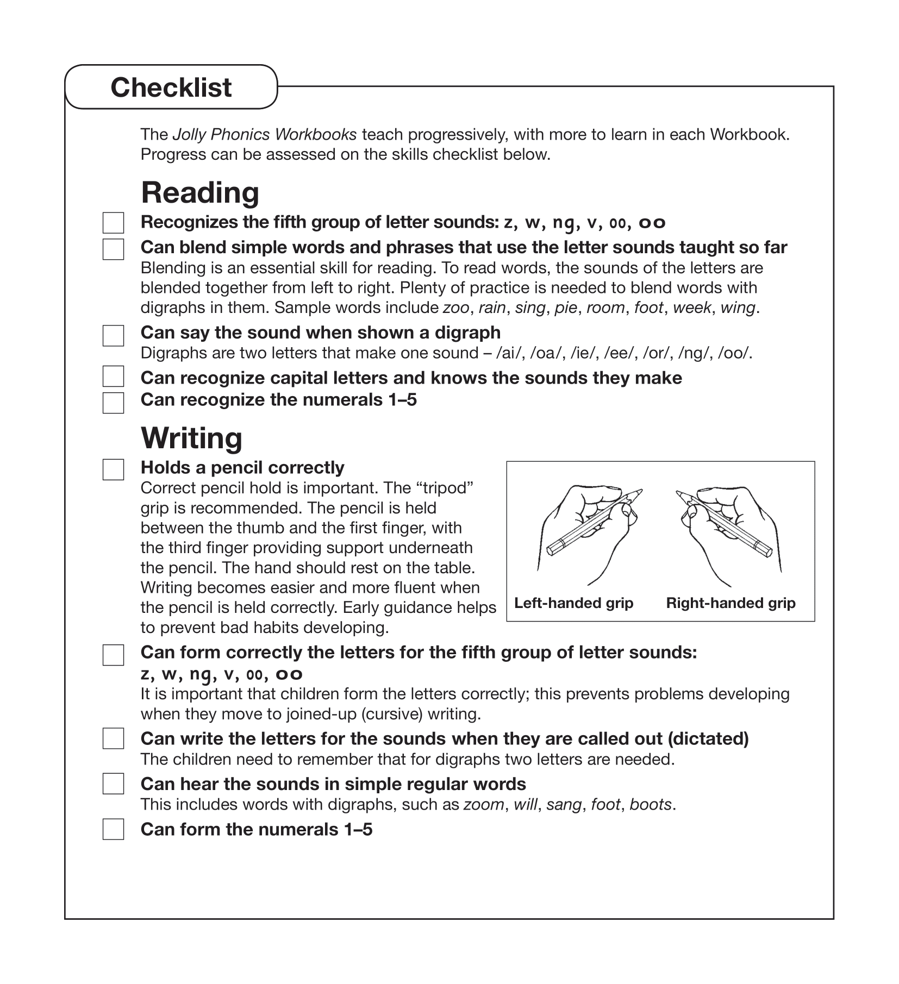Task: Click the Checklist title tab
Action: point(171,87)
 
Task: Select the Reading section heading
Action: point(199,193)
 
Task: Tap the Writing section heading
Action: point(191,438)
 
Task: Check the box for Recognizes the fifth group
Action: point(113,223)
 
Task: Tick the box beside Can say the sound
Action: point(113,336)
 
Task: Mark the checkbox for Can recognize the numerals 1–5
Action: point(113,403)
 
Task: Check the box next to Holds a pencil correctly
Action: point(113,469)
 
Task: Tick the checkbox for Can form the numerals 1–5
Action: point(113,829)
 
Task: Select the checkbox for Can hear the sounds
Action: point(113,784)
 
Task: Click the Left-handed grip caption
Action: point(573,603)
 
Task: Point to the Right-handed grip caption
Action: point(731,603)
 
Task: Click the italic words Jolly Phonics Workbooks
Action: point(264,134)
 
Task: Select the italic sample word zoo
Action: point(455,308)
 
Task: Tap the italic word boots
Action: point(650,804)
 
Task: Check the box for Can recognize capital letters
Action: point(113,376)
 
